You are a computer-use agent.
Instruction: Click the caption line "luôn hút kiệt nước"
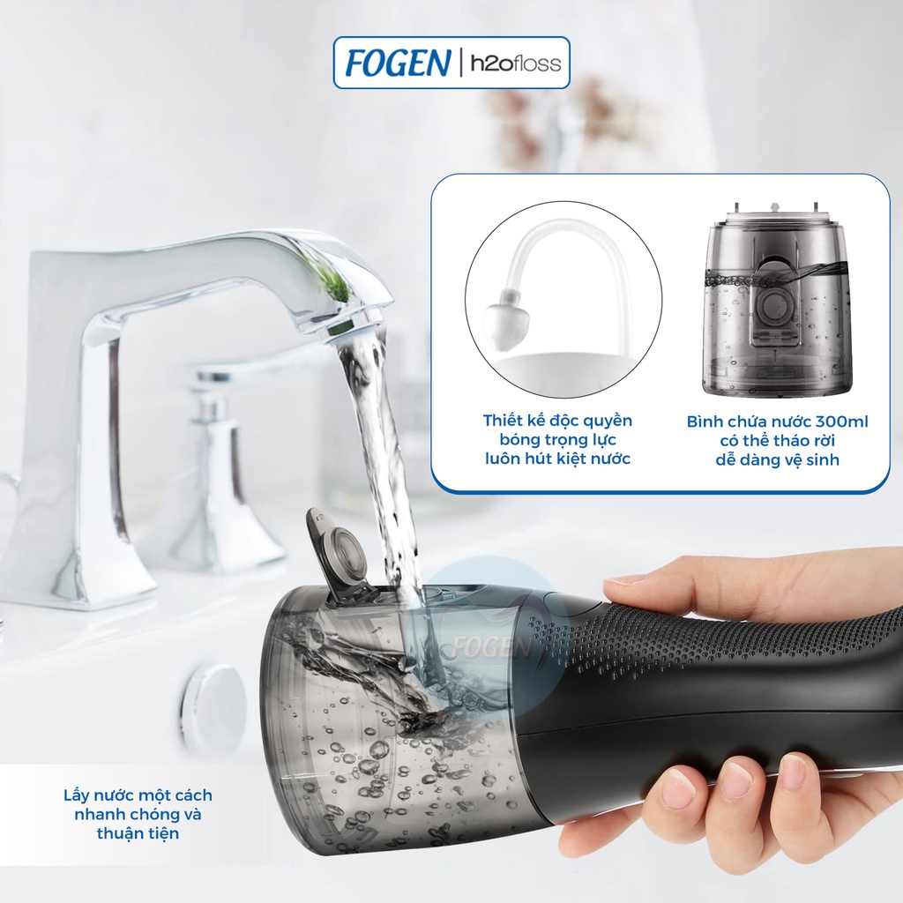tap(557, 459)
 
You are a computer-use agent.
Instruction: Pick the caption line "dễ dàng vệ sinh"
tap(777, 459)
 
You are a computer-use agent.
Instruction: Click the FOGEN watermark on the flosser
tap(495, 648)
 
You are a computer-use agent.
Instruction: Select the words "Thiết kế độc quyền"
tap(557, 421)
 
